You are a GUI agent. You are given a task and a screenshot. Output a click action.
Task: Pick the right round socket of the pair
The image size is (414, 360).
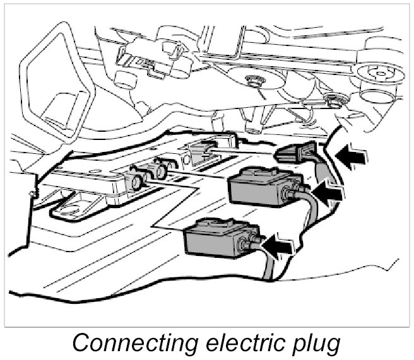(161, 170)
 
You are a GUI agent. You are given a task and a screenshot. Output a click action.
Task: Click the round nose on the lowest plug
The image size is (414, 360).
(247, 242)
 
